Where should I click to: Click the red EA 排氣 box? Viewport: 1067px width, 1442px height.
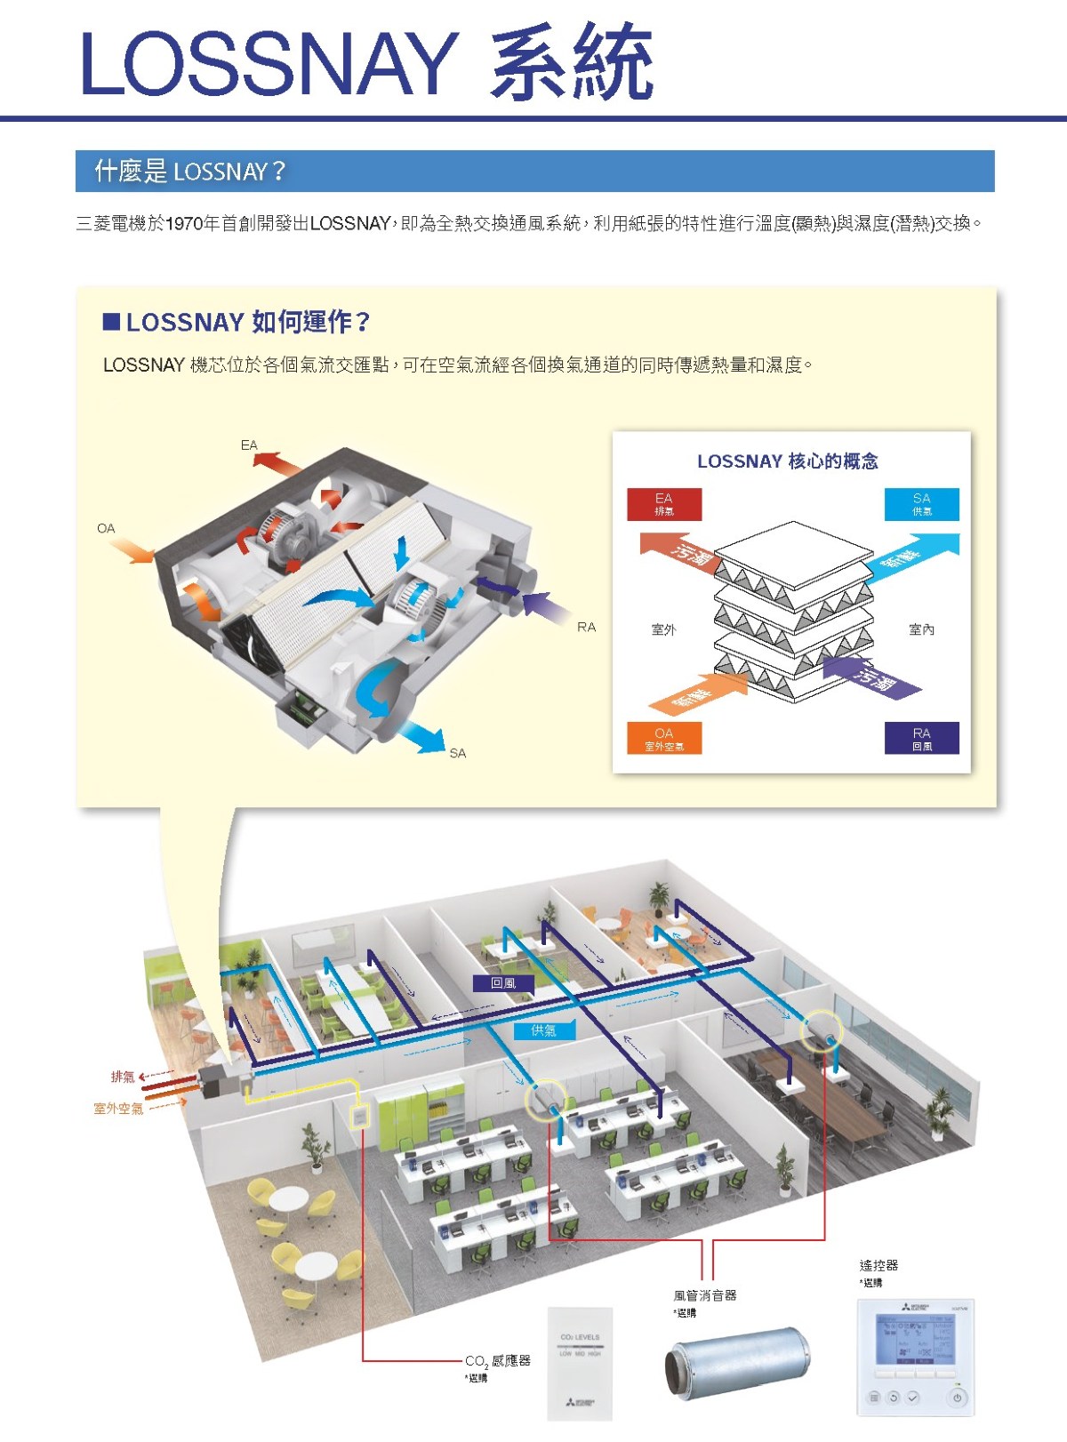pos(664,504)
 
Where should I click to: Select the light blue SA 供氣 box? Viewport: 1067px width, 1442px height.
pos(922,504)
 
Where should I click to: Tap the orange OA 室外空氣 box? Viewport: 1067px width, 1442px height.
pos(664,738)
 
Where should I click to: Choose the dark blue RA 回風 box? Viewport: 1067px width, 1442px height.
pos(922,738)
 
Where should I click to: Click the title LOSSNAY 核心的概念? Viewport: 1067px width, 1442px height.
pos(788,461)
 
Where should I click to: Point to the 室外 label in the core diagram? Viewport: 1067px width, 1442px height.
pos(664,629)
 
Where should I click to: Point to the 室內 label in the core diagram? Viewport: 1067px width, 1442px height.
pos(922,629)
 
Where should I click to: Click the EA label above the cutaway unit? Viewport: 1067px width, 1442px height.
pos(249,445)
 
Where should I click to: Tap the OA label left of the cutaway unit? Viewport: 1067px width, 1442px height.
pos(106,528)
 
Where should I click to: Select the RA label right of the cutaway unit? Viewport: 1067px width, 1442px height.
pos(587,627)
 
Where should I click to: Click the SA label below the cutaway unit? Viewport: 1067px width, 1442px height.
pos(458,753)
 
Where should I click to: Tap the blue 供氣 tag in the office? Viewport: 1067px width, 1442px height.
pos(544,1030)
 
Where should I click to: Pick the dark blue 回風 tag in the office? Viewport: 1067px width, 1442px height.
pos(504,983)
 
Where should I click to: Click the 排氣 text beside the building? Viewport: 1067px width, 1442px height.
pos(123,1077)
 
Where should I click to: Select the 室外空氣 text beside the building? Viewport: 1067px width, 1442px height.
pos(118,1109)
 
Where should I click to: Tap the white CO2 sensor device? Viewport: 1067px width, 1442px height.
pos(580,1363)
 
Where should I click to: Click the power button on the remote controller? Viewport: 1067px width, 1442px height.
pos(957,1398)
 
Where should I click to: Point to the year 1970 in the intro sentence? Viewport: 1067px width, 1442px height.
pos(184,224)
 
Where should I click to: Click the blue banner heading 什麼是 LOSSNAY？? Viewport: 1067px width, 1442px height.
pos(190,171)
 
